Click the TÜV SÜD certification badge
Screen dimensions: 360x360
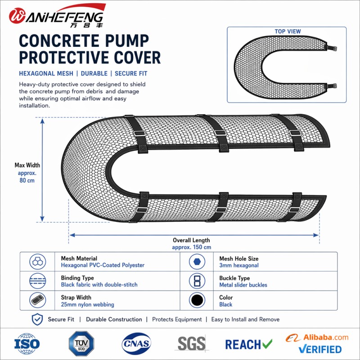pos(81,343)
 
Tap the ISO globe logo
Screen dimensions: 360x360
pos(27,344)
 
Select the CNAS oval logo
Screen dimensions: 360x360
pos(136,343)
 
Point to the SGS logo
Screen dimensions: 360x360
pos(192,343)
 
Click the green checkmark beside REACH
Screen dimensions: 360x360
pos(267,343)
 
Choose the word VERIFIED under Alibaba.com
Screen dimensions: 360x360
pos(320,349)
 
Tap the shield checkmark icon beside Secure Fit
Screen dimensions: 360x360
pos(37,319)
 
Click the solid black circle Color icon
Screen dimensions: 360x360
pos(197,300)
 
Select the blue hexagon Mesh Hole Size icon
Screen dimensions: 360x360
pos(197,261)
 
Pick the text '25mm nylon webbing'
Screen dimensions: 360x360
pos(87,305)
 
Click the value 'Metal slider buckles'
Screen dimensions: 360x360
pos(243,285)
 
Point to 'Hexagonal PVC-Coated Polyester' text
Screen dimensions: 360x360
pos(103,265)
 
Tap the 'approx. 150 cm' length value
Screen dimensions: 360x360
pos(192,247)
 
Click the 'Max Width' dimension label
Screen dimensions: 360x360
pos(27,165)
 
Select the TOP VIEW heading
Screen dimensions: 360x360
pos(288,31)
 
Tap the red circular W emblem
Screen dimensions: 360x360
pos(17,16)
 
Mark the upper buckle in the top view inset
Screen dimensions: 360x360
pos(331,48)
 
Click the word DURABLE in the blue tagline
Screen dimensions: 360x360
pos(94,73)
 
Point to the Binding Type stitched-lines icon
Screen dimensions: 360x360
pos(38,281)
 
